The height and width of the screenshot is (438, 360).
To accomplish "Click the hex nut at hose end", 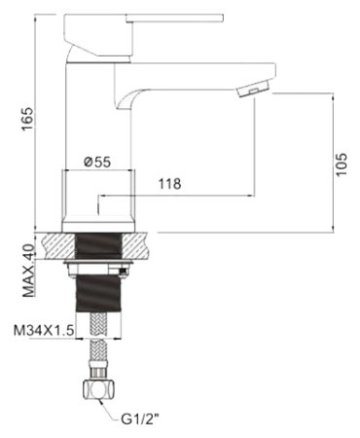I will [96, 390].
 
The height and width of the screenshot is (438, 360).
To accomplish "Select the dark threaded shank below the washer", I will [97, 292].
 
